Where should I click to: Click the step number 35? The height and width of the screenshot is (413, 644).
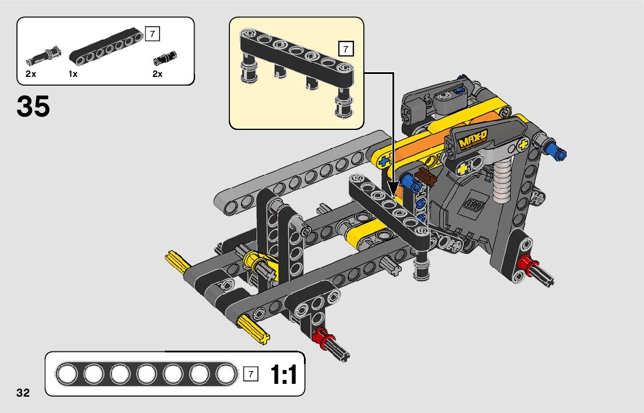33,107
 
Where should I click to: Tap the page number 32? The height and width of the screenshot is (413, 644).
23,392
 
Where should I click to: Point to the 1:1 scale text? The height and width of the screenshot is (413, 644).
284,374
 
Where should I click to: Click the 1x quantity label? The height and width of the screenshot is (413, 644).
73,74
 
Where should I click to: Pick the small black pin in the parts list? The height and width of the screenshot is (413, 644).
165,57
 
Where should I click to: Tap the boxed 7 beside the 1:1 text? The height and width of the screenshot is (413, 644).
251,374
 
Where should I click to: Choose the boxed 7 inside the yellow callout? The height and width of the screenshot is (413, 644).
346,48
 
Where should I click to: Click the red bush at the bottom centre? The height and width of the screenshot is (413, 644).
320,337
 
